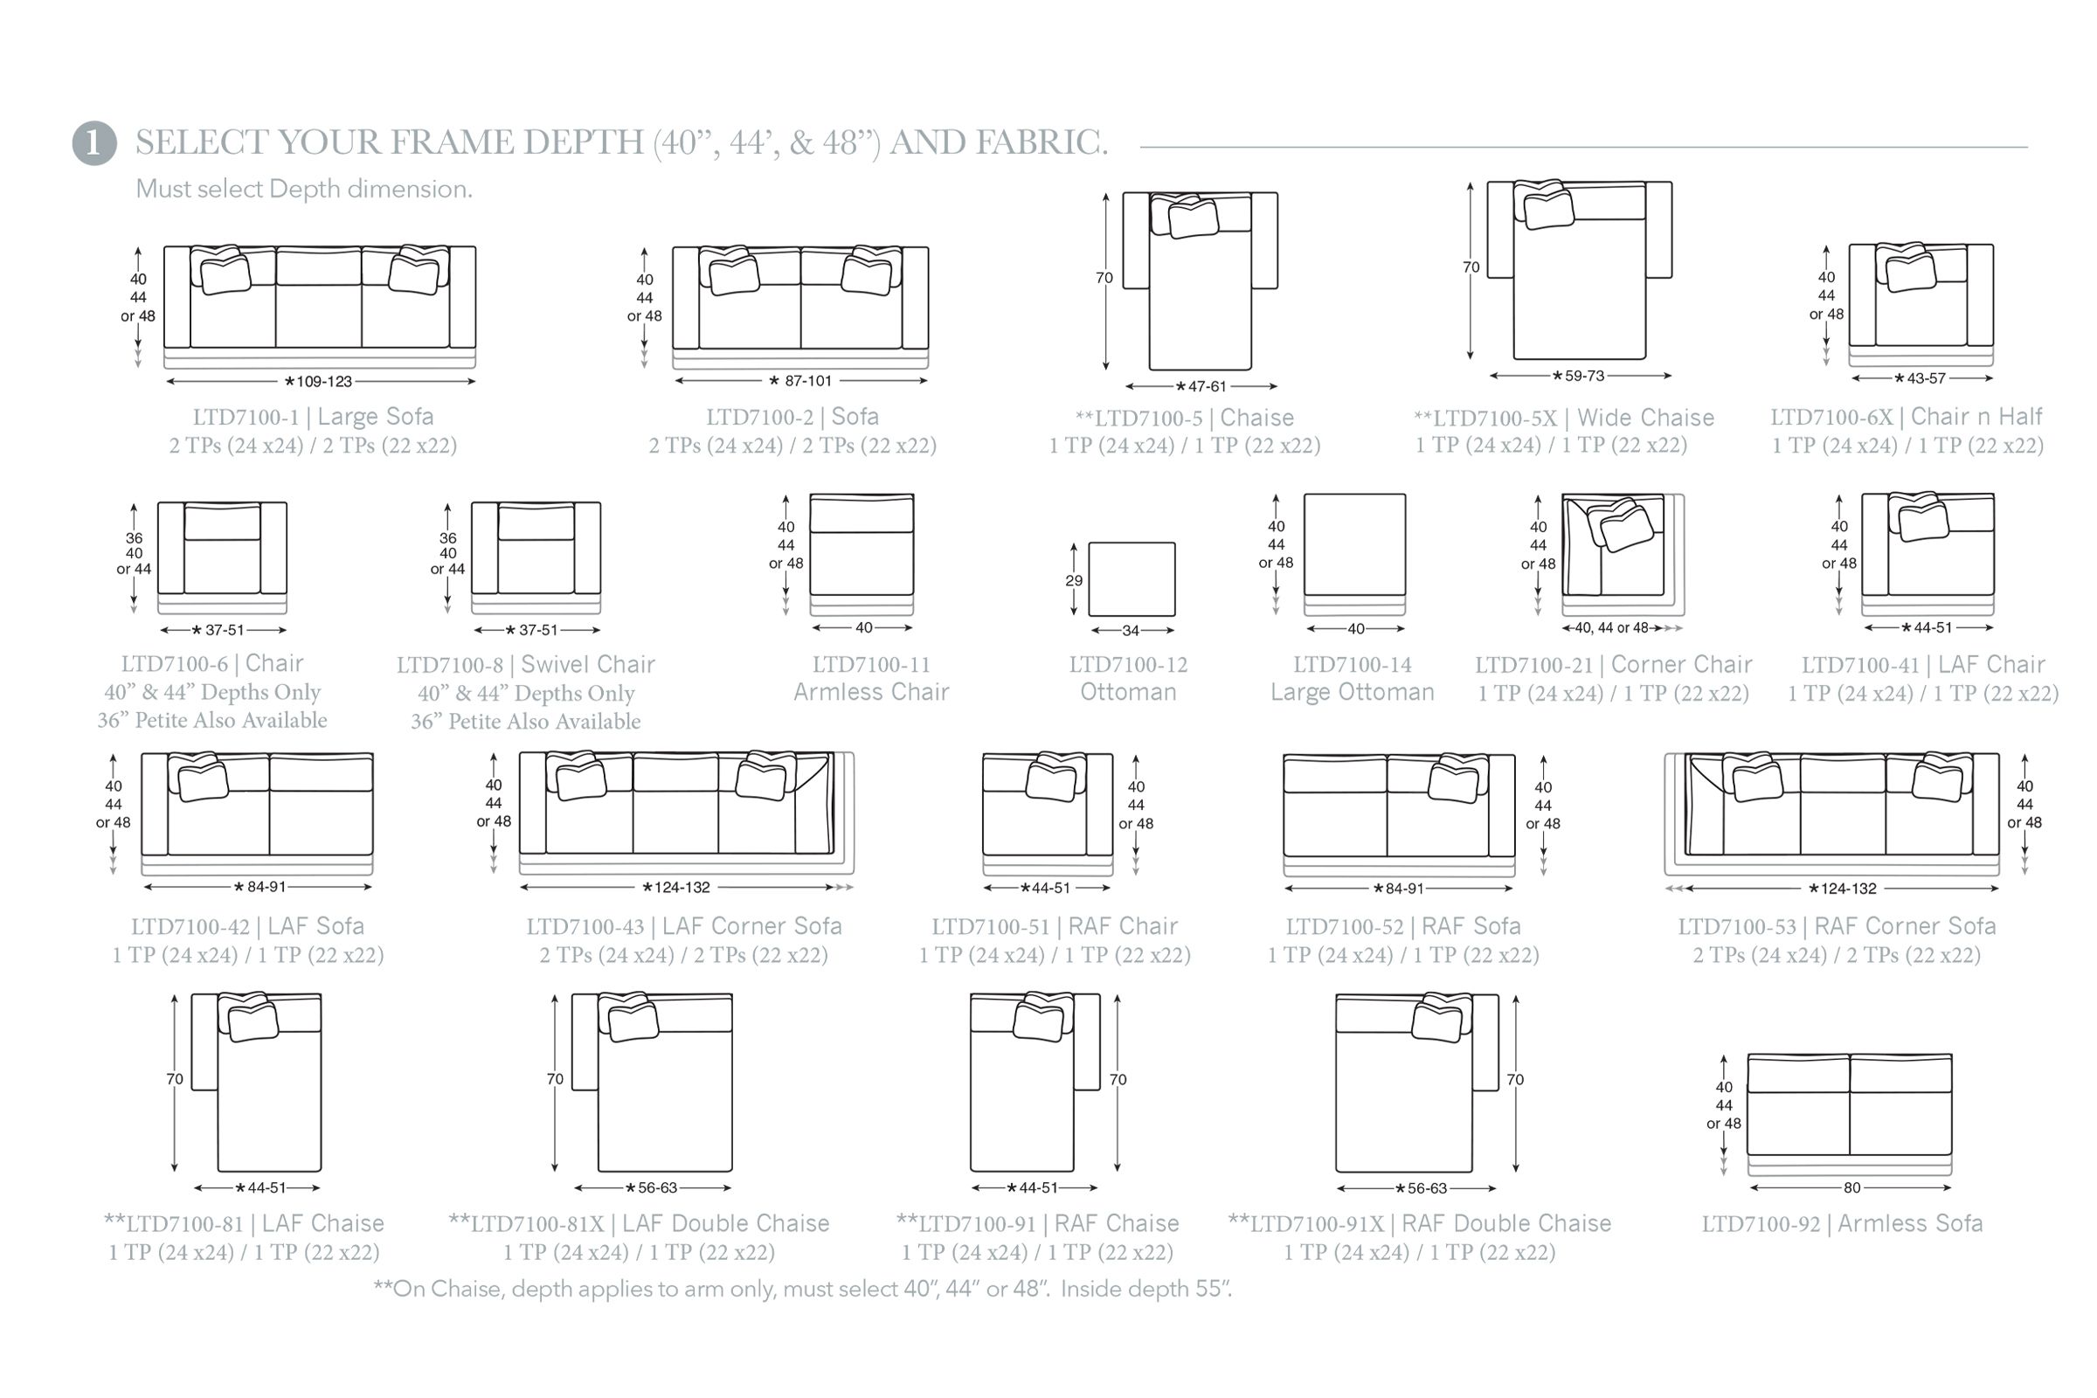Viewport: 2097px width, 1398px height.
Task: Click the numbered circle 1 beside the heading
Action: point(94,143)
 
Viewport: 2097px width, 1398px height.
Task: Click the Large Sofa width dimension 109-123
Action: point(323,382)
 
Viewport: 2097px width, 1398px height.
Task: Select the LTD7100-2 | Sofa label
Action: point(792,417)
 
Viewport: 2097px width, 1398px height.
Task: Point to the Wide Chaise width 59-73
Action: point(1583,377)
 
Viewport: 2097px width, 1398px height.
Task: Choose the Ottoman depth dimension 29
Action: point(1074,580)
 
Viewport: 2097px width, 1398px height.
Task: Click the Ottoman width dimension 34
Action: point(1131,630)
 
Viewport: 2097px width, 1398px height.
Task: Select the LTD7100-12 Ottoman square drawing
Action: point(1132,578)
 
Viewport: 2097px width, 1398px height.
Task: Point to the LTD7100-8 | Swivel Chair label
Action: point(525,665)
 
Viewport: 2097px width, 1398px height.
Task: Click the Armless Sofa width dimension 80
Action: point(1851,1187)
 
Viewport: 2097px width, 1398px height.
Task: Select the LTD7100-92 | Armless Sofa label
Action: point(1842,1223)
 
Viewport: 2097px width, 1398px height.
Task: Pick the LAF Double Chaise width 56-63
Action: point(657,1187)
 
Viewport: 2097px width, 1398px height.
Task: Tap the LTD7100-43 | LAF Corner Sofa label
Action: point(684,926)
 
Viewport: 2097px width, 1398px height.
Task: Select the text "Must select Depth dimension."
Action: point(304,189)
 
